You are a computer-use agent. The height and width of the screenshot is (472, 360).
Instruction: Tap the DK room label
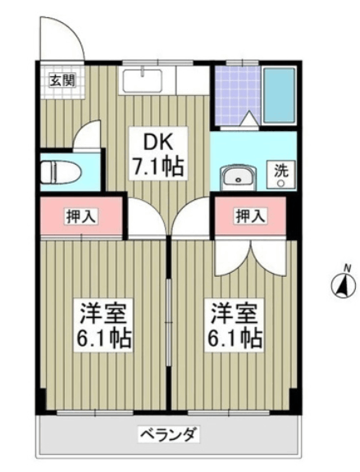pyautogui.click(x=158, y=139)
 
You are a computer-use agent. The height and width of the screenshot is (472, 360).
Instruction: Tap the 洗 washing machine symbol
pyautogui.click(x=281, y=174)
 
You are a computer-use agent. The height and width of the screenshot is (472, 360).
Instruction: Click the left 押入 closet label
pyautogui.click(x=82, y=216)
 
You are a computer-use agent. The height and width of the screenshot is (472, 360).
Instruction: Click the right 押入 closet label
pyautogui.click(x=251, y=216)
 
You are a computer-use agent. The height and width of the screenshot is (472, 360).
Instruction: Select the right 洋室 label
pyautogui.click(x=234, y=311)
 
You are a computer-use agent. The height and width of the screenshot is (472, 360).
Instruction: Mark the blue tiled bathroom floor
pyautogui.click(x=235, y=94)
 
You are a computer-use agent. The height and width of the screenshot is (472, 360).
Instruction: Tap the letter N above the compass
pyautogui.click(x=347, y=267)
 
